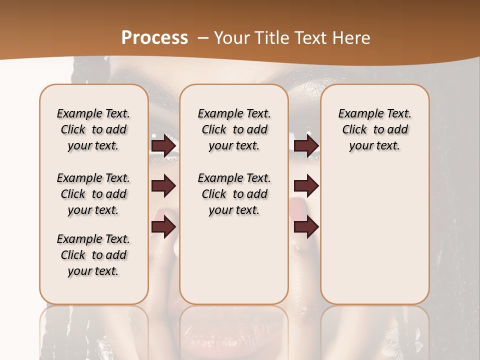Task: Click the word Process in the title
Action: [x=154, y=37]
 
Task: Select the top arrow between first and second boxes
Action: [x=163, y=145]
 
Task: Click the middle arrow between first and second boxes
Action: [x=163, y=186]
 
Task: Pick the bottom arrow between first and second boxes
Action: [x=163, y=227]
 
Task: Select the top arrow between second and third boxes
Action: [x=306, y=145]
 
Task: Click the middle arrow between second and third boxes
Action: [x=306, y=186]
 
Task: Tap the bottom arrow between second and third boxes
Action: [x=306, y=227]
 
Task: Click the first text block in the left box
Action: [x=93, y=129]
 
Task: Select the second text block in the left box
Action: [x=93, y=194]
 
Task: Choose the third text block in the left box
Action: [x=93, y=255]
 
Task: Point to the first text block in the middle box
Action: [x=234, y=129]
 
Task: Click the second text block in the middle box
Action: [x=234, y=194]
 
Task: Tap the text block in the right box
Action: [x=375, y=129]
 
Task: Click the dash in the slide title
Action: [x=203, y=38]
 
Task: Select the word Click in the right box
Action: [x=354, y=129]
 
